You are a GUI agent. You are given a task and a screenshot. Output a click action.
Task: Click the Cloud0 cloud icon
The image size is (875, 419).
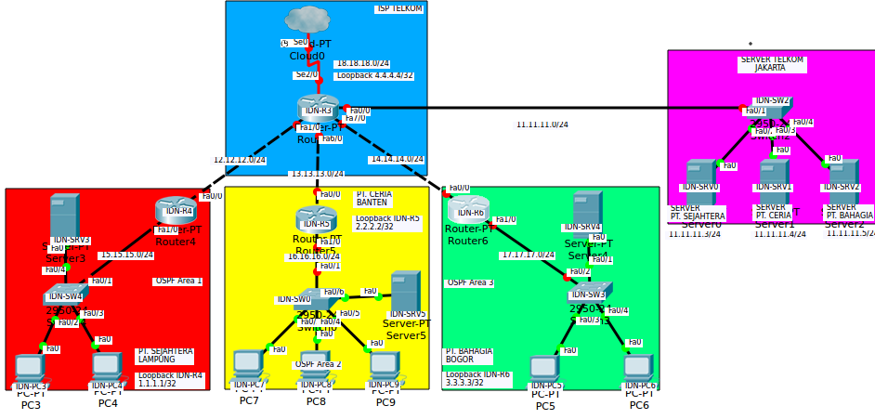(x=307, y=20)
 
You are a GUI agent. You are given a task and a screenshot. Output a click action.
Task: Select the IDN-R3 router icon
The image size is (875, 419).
(x=318, y=108)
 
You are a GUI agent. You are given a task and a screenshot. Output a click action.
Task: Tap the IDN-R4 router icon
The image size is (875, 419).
(x=176, y=210)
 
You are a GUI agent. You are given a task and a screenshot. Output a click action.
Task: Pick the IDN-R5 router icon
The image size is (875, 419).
(x=316, y=219)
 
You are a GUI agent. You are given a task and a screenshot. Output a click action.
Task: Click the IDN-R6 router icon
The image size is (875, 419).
(x=468, y=209)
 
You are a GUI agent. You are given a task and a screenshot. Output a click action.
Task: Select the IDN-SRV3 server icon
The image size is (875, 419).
(x=64, y=216)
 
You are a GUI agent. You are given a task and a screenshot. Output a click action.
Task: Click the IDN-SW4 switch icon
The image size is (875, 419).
(x=65, y=295)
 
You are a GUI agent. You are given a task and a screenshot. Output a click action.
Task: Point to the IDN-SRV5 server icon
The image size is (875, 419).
(x=405, y=292)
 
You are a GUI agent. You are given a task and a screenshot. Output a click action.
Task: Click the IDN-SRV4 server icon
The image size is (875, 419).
(x=586, y=210)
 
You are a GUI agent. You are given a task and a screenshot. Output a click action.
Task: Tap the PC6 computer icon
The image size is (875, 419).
(x=638, y=369)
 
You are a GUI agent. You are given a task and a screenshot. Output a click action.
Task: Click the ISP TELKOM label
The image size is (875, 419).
(x=399, y=8)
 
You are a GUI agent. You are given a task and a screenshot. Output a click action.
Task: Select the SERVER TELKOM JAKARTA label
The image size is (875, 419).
(x=771, y=63)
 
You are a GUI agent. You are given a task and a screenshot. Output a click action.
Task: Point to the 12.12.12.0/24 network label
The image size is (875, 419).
(x=240, y=160)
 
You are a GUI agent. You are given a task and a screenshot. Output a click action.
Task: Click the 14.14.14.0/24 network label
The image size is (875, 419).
(x=397, y=159)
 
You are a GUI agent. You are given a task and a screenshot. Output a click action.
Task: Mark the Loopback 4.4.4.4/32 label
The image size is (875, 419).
(x=374, y=75)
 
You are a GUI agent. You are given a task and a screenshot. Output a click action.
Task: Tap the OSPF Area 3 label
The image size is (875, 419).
(x=470, y=282)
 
